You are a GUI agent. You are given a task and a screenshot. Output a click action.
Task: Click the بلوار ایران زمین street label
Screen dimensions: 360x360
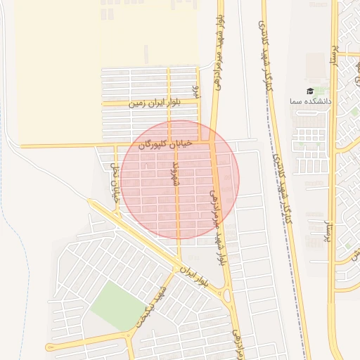point(155,103)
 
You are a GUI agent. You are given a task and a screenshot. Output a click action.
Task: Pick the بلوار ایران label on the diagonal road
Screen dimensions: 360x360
point(195,275)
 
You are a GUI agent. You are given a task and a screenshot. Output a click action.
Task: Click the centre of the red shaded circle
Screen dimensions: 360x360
point(180,179)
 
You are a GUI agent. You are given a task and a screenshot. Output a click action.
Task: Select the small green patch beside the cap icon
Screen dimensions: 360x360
point(320,91)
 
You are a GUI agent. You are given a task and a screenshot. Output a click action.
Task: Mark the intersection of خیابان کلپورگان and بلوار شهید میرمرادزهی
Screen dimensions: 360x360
point(212,143)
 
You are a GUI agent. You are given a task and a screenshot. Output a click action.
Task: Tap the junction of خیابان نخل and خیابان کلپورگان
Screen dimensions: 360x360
point(115,146)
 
